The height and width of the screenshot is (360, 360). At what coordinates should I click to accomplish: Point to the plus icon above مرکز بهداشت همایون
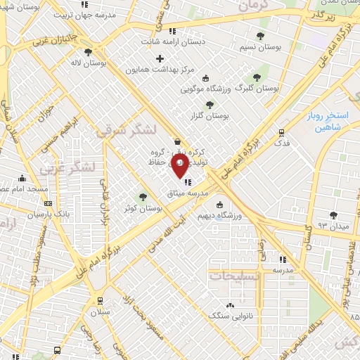tap(160, 58)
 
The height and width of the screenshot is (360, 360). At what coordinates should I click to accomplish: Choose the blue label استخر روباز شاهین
tap(323, 122)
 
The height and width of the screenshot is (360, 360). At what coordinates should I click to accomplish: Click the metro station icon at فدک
tap(282, 132)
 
